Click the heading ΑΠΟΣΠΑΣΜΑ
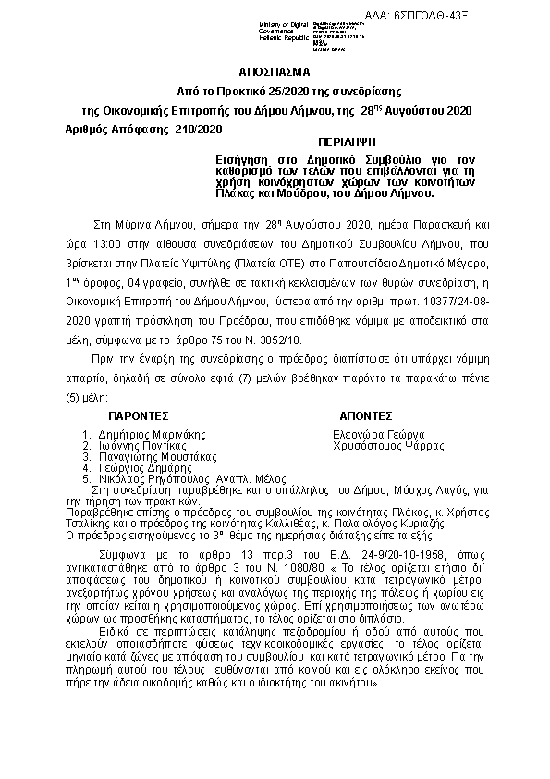coord(275,72)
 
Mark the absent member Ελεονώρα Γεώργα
coord(379,434)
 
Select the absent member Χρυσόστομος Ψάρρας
coord(388,445)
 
